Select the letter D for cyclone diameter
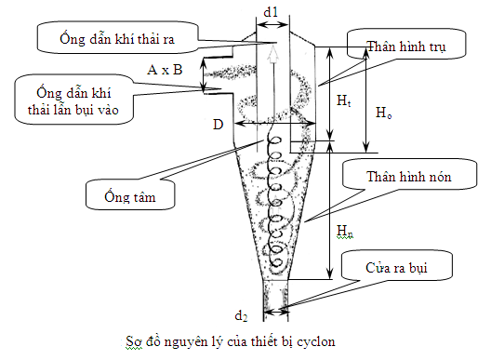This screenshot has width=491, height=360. [218, 124]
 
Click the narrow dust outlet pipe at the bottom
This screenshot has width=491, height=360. [272, 299]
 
